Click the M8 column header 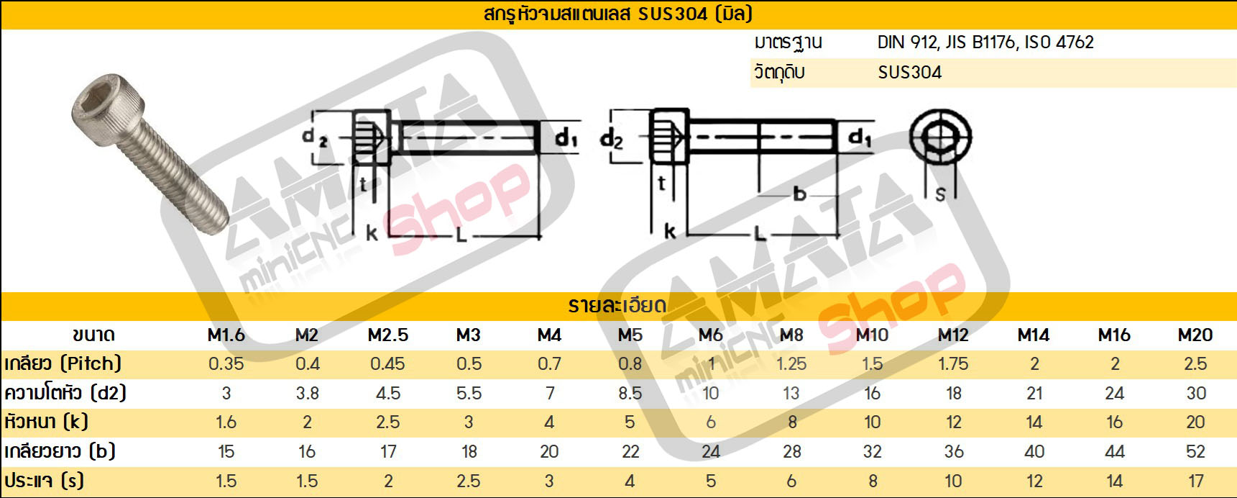791,335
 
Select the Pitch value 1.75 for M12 953,363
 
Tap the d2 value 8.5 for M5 630,393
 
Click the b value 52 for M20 1195,451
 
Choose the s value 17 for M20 1195,481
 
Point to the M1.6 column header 226,335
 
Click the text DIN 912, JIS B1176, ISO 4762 985,42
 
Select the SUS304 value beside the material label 909,72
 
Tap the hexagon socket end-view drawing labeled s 940,138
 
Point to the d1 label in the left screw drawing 566,137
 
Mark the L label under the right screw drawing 759,233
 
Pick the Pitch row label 63,363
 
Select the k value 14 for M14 1034,422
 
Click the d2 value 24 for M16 1114,393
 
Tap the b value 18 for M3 469,451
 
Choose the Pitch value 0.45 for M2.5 387,363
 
